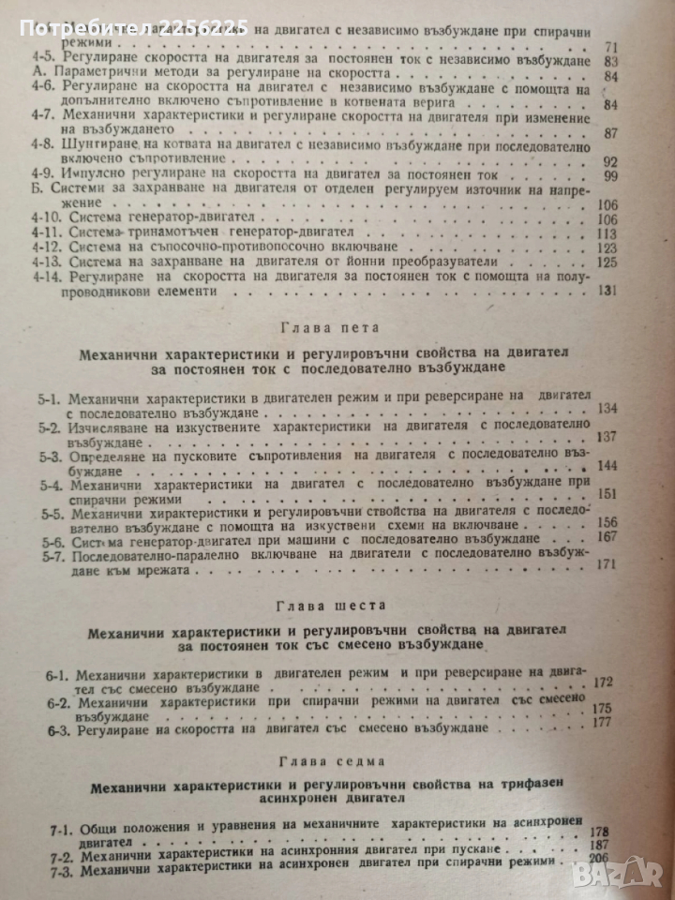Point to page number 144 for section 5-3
pyautogui.click(x=616, y=465)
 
